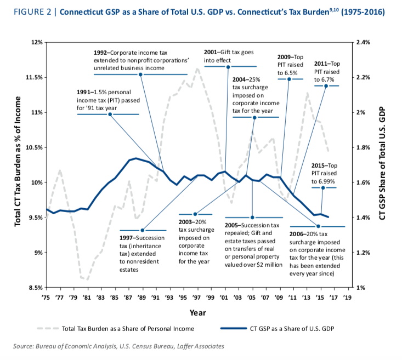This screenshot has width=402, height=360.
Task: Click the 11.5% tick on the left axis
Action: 34,77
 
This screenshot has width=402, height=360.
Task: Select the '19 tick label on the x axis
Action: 347,296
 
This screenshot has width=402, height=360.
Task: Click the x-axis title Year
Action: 197,312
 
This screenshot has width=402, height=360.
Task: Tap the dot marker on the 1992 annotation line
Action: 141,74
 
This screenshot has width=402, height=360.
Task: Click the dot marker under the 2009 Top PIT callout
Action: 289,79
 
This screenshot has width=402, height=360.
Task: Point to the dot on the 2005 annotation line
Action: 252,217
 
